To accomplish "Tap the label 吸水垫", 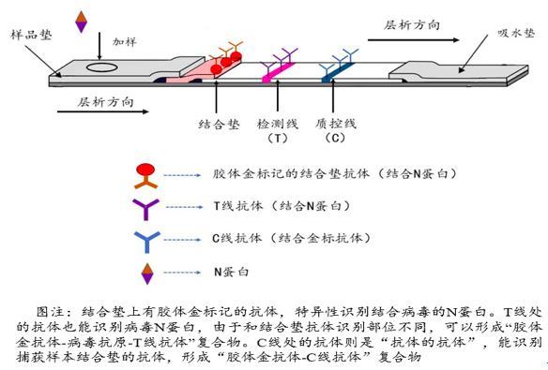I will [x=514, y=34].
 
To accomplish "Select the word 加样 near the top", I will [x=125, y=42].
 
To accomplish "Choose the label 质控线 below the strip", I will [x=335, y=123].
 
